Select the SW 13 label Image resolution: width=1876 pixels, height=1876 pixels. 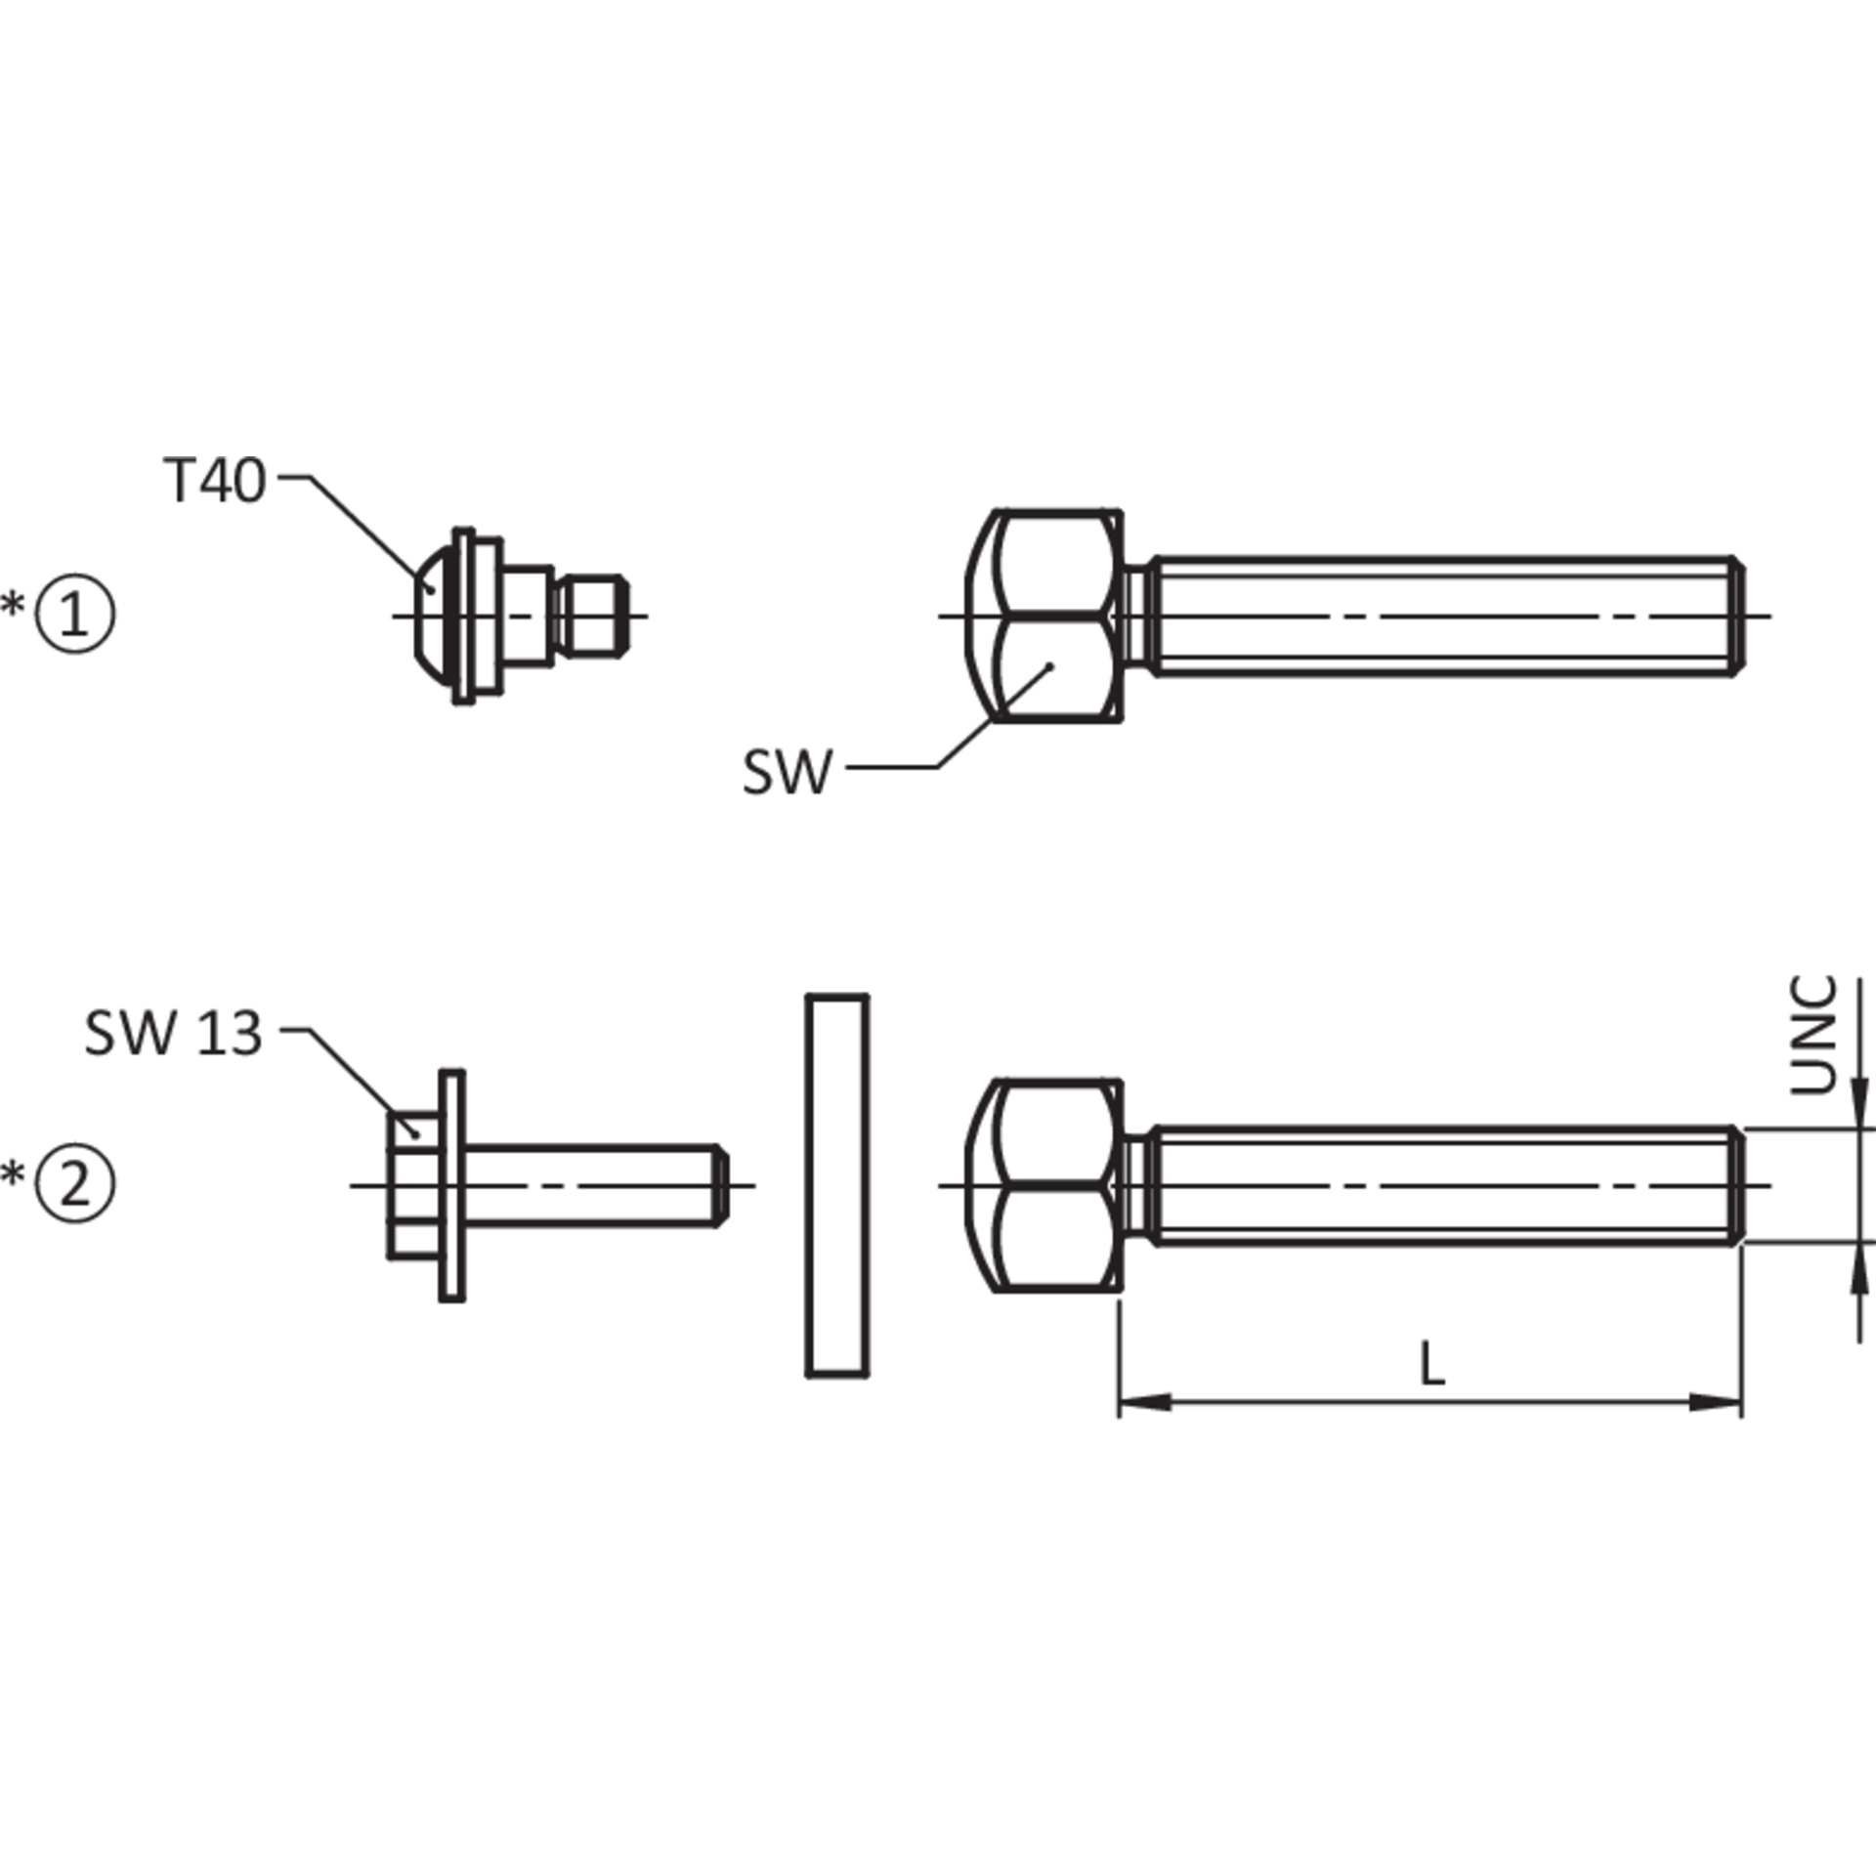(174, 1033)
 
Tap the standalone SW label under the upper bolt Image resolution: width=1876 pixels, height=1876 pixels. (788, 773)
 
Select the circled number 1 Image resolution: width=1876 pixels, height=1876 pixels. (75, 615)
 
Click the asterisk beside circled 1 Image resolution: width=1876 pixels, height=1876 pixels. (14, 604)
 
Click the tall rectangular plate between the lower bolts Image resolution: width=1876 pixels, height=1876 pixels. (837, 1186)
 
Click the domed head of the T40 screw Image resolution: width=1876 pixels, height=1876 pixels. (434, 616)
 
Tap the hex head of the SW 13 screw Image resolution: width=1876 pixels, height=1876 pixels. (414, 1185)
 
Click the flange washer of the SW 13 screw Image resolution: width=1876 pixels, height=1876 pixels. (452, 1185)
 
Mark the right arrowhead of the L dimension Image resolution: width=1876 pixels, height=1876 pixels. (1716, 1402)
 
